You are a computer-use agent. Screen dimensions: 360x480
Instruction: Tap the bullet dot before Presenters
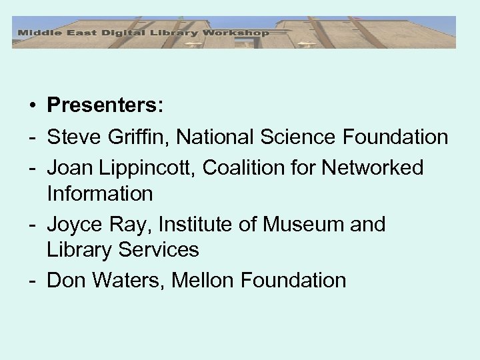tap(31, 105)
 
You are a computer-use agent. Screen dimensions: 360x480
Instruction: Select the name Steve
tap(73, 138)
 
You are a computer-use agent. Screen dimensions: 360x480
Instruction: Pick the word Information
tap(100, 194)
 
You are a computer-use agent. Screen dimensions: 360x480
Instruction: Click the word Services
tap(160, 250)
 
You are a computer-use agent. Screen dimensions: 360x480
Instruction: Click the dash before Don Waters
tap(31, 280)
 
